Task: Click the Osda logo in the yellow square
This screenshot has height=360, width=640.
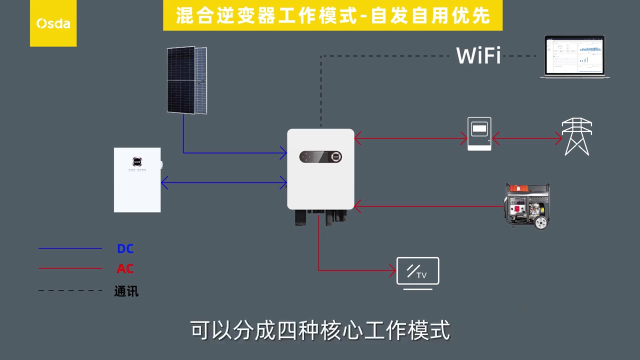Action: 53,23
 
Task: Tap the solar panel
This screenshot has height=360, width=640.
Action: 186,80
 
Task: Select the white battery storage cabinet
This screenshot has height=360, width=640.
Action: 137,180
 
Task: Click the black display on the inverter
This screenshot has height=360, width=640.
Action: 320,157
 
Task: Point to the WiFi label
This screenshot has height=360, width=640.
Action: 478,55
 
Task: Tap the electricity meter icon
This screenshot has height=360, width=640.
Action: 479,133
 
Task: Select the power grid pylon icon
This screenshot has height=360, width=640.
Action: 576,136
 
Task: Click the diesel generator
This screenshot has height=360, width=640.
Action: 527,205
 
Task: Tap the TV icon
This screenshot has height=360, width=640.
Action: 417,272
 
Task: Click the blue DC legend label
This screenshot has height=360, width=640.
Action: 125,248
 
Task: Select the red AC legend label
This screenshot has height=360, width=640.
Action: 125,268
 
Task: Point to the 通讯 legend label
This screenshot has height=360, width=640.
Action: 126,291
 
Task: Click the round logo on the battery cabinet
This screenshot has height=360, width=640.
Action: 137,161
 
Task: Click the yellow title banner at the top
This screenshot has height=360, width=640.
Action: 332,15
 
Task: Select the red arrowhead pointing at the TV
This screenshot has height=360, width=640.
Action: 393,271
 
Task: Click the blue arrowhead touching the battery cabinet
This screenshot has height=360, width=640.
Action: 164,183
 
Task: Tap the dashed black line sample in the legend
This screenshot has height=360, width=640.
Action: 70,290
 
